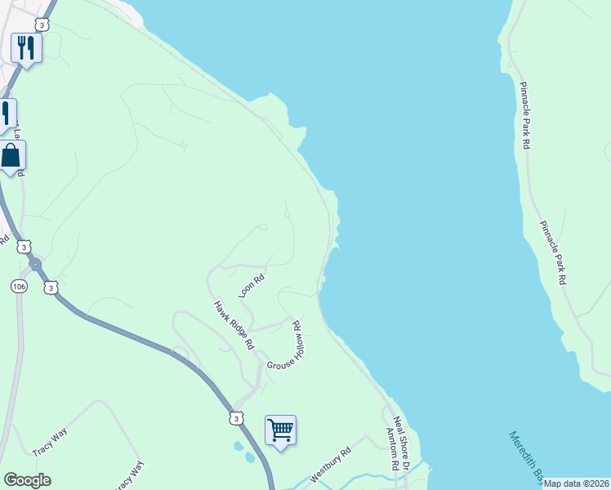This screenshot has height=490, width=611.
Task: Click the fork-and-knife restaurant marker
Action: (x=26, y=49)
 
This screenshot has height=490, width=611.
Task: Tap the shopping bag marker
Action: (x=11, y=156)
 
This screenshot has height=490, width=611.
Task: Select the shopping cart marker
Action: (x=280, y=430)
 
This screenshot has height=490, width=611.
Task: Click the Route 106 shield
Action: (x=18, y=287)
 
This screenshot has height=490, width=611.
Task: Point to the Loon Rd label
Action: (x=252, y=284)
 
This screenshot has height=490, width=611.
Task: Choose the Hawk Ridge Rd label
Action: (x=234, y=325)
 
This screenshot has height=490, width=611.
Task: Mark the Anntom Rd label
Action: (x=391, y=451)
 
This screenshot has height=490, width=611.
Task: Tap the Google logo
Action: (x=27, y=480)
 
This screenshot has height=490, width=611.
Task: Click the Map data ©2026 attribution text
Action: (x=577, y=483)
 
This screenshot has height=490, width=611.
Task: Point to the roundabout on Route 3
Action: (x=35, y=265)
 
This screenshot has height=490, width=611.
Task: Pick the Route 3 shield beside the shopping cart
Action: (x=236, y=418)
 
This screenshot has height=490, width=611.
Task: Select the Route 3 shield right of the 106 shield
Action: (x=52, y=287)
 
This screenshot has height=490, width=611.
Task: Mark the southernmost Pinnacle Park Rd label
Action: (x=552, y=252)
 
